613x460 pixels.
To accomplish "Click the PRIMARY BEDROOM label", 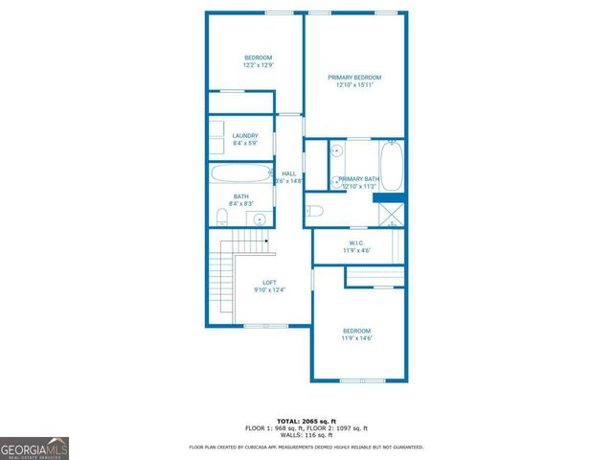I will [354, 78].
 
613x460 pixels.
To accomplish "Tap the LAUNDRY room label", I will [245, 136].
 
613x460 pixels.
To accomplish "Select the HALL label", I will [288, 173].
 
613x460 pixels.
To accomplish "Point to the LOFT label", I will [270, 283].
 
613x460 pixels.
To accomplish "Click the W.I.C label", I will [355, 243].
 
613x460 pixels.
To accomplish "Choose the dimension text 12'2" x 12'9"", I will [258, 65].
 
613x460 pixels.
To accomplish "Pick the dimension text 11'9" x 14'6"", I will [356, 337].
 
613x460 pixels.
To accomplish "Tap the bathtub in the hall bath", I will [240, 174].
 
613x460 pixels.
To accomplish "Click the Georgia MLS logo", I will [34, 448].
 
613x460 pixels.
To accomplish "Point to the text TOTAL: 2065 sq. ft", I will [306, 421].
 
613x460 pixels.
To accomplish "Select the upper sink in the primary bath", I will [337, 151].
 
